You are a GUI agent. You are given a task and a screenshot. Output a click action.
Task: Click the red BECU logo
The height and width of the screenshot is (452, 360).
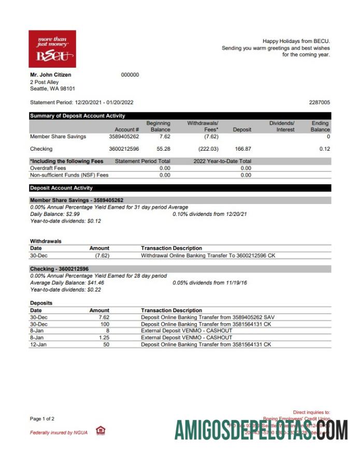52,49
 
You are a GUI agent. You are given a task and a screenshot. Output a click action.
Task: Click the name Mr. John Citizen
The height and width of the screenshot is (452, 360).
51,75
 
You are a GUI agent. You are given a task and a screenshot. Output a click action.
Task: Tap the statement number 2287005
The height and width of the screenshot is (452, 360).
319,103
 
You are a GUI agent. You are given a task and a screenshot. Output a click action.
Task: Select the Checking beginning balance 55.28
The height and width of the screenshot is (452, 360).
161,149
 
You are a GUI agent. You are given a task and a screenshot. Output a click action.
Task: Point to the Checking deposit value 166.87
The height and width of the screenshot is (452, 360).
242,149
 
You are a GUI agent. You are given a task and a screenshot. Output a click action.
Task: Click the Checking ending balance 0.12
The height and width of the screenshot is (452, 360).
325,149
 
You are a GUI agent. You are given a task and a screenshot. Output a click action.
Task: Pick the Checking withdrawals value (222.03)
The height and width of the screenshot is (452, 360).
208,149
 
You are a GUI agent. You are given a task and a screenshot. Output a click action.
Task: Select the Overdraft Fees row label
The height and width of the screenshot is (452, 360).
48,168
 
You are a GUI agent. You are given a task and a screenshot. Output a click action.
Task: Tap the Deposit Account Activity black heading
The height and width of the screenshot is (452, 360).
61,188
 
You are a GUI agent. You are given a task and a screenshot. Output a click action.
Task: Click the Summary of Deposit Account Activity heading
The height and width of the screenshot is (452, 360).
78,116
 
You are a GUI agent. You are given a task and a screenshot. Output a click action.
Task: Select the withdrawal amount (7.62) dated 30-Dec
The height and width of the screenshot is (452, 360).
102,255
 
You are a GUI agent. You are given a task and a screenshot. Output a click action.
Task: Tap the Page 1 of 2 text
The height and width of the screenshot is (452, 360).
42,418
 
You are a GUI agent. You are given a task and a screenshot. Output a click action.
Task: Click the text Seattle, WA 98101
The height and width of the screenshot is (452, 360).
52,89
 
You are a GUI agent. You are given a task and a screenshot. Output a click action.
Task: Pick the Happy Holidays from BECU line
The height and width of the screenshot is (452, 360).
296,41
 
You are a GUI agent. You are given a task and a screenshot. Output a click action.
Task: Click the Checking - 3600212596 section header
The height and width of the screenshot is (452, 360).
59,269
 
